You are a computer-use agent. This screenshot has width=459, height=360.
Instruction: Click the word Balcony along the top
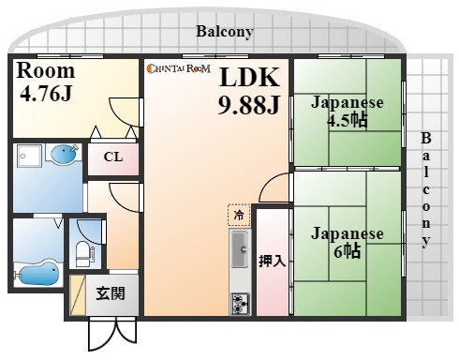click(x=225, y=31)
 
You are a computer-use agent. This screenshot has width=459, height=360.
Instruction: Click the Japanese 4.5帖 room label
click(x=347, y=112)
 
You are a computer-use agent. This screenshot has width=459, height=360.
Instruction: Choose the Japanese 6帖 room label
click(x=348, y=243)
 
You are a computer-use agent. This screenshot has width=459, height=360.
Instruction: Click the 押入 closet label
click(x=272, y=261)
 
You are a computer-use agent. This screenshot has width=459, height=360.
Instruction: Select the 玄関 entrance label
click(x=111, y=292)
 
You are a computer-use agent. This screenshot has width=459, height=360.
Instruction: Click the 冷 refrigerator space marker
click(x=239, y=215)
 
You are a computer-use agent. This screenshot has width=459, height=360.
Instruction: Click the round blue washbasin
click(x=62, y=153)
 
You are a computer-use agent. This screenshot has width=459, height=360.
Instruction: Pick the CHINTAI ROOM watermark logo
click(x=177, y=67)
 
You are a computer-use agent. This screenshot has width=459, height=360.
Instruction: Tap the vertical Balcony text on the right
click(x=427, y=192)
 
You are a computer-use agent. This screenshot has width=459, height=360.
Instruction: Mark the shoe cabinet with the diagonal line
click(x=77, y=295)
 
